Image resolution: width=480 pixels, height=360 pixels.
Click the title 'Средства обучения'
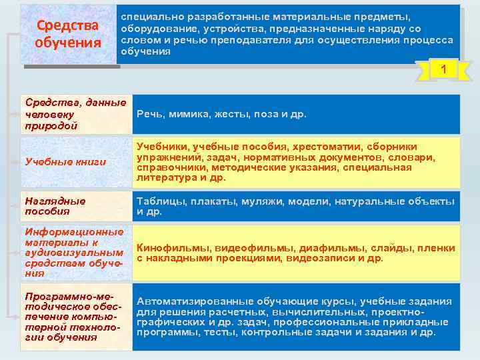(x=67, y=34)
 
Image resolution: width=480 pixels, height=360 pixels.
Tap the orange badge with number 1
(x=442, y=69)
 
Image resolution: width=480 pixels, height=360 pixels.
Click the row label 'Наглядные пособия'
(x=55, y=206)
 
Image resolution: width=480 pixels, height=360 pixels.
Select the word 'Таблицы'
(x=158, y=201)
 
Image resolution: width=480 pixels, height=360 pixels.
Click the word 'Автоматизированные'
(x=191, y=301)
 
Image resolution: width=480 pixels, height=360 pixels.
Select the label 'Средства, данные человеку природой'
(x=75, y=114)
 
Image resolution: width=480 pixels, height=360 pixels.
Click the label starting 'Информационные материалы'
(x=73, y=252)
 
